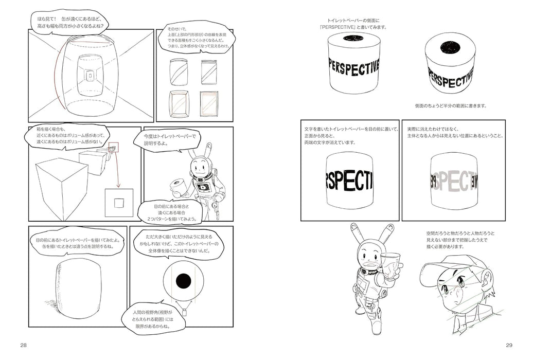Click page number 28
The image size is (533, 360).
tap(24, 344)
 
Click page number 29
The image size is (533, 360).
tap(509, 344)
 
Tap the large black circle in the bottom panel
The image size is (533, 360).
tap(184, 281)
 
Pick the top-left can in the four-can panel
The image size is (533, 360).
tap(177, 71)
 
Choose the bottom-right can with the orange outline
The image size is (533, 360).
tap(209, 104)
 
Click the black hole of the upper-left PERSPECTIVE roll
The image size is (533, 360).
tap(353, 38)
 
